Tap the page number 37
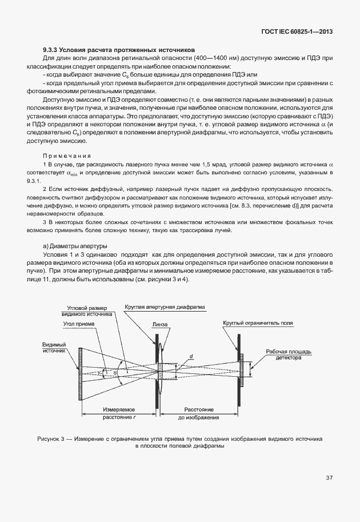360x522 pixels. tap(329, 477)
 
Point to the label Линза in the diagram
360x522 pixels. tap(160, 324)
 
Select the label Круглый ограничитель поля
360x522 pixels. tap(258, 322)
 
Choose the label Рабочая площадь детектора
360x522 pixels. tap(282, 354)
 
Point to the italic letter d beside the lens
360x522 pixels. tap(191, 357)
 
